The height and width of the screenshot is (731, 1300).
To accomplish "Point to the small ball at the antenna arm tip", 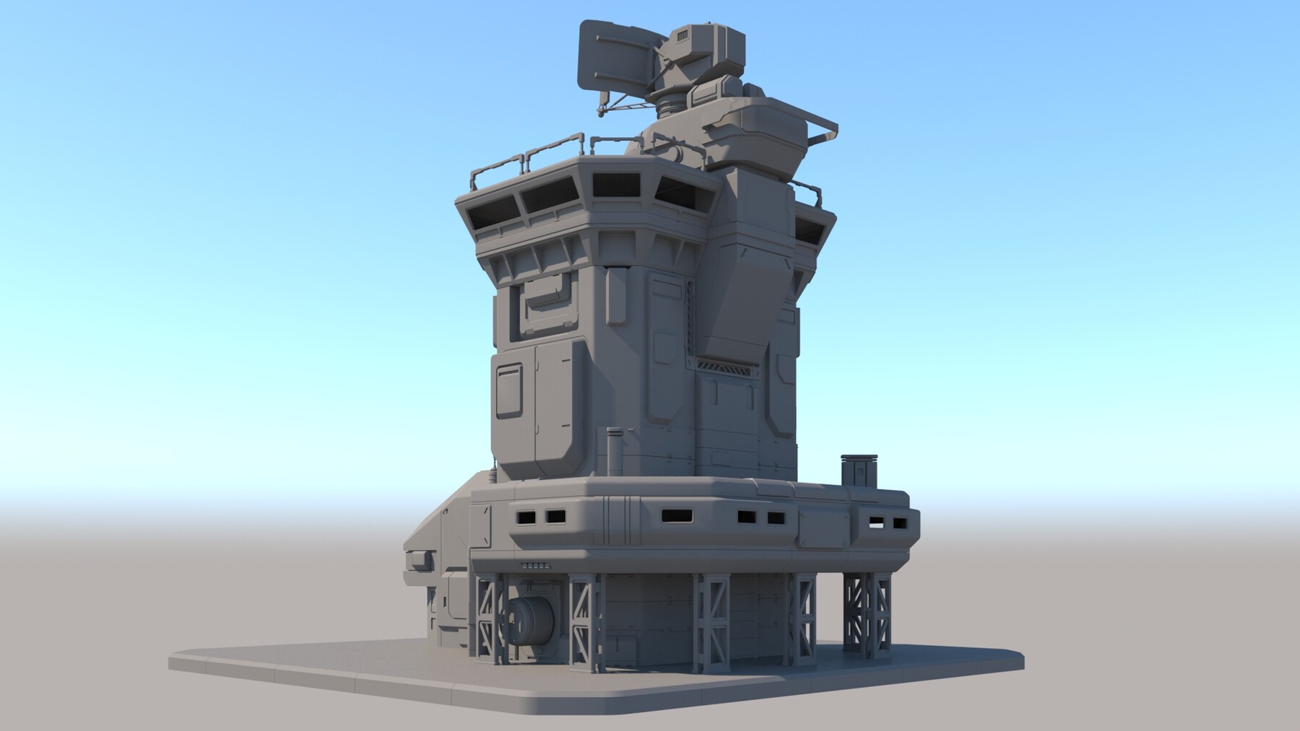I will pyautogui.click(x=600, y=112).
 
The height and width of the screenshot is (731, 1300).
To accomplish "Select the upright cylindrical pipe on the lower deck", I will pyautogui.click(x=615, y=447).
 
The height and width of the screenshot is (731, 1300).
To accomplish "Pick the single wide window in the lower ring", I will pyautogui.click(x=677, y=516).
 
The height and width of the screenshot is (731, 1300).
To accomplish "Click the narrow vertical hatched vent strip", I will pyautogui.click(x=690, y=318).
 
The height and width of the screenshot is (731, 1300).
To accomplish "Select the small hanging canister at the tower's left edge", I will pyautogui.click(x=493, y=473).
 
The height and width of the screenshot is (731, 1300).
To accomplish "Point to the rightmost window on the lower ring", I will pyautogui.click(x=900, y=523).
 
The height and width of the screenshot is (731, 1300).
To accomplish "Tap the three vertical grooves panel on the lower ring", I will pyautogui.click(x=618, y=517).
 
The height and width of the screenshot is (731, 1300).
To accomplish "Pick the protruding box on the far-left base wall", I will pyautogui.click(x=418, y=560).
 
